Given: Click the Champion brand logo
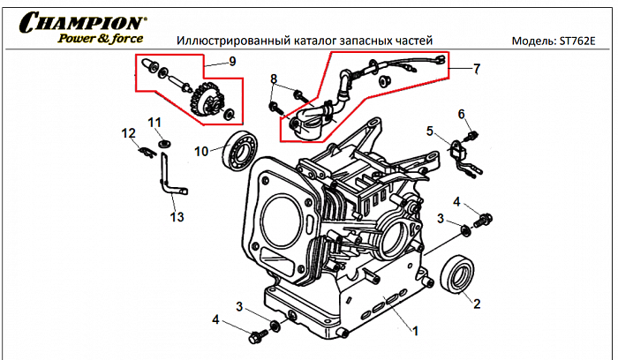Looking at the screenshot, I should pos(84,21).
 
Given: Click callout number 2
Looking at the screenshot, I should pos(477,304).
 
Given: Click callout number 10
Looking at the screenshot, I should pos(201,151).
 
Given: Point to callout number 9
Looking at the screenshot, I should pos(232,61).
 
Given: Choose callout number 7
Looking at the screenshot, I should pos(477,68).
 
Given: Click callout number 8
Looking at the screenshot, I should pos(274,79).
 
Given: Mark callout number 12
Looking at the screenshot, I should pos(128,133).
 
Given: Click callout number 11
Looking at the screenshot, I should pos(154,122).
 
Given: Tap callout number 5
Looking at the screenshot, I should pos(430,131).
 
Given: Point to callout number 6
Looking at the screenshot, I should pos(460,114).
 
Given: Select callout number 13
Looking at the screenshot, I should pos(177,216).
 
